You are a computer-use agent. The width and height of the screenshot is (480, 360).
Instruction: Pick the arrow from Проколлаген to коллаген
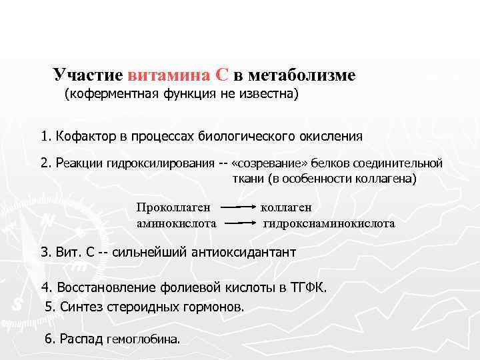239,208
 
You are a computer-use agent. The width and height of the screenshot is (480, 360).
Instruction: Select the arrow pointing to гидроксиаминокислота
239,224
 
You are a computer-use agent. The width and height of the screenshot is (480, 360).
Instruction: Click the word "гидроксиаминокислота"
329,223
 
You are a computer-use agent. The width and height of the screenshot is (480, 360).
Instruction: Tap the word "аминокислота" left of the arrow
176,223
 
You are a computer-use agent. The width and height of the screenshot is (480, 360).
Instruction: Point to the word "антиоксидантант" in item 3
239,253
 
